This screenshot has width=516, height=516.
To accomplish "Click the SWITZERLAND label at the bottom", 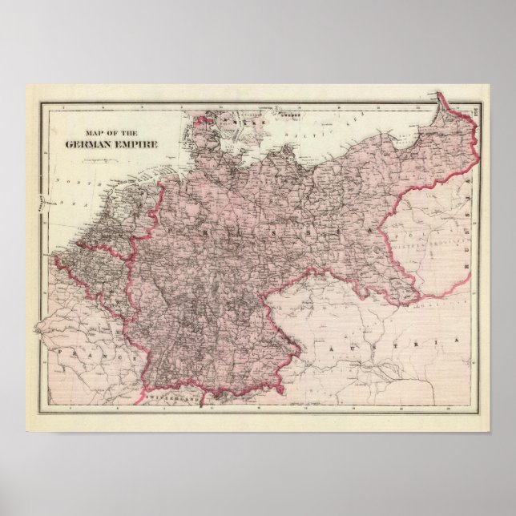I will coord(171,394).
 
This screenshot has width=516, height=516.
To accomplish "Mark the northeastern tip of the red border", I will coord(440,97).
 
